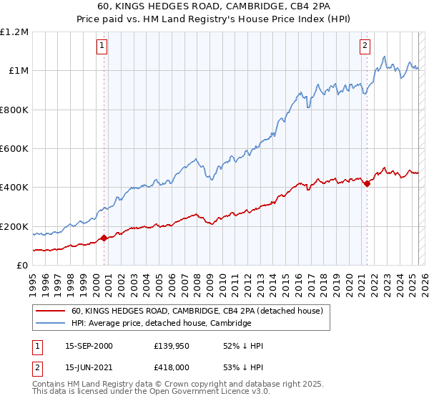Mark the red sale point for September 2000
[104, 238]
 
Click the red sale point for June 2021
[367, 183]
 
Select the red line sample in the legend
[49, 311]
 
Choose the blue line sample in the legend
[49, 323]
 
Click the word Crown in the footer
[164, 385]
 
